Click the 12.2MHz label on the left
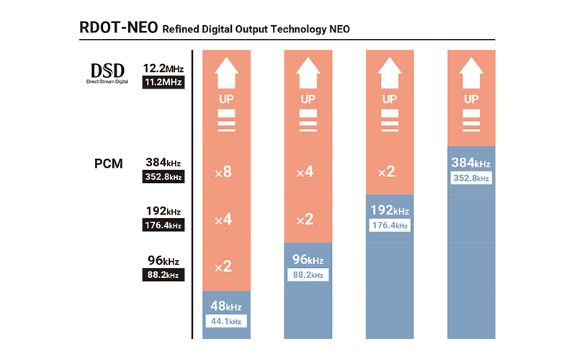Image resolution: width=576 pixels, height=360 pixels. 163,68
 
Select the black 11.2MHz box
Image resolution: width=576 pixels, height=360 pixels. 163,83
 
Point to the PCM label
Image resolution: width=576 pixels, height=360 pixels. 107,163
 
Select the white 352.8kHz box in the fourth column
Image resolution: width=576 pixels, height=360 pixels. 471,178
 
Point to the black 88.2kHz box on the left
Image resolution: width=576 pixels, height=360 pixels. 163,274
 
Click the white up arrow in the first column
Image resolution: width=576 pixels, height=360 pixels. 227,73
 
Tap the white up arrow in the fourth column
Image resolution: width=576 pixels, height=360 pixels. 471,73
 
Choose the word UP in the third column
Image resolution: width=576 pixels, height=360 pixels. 390,99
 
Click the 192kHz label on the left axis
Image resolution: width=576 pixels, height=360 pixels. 163,212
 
